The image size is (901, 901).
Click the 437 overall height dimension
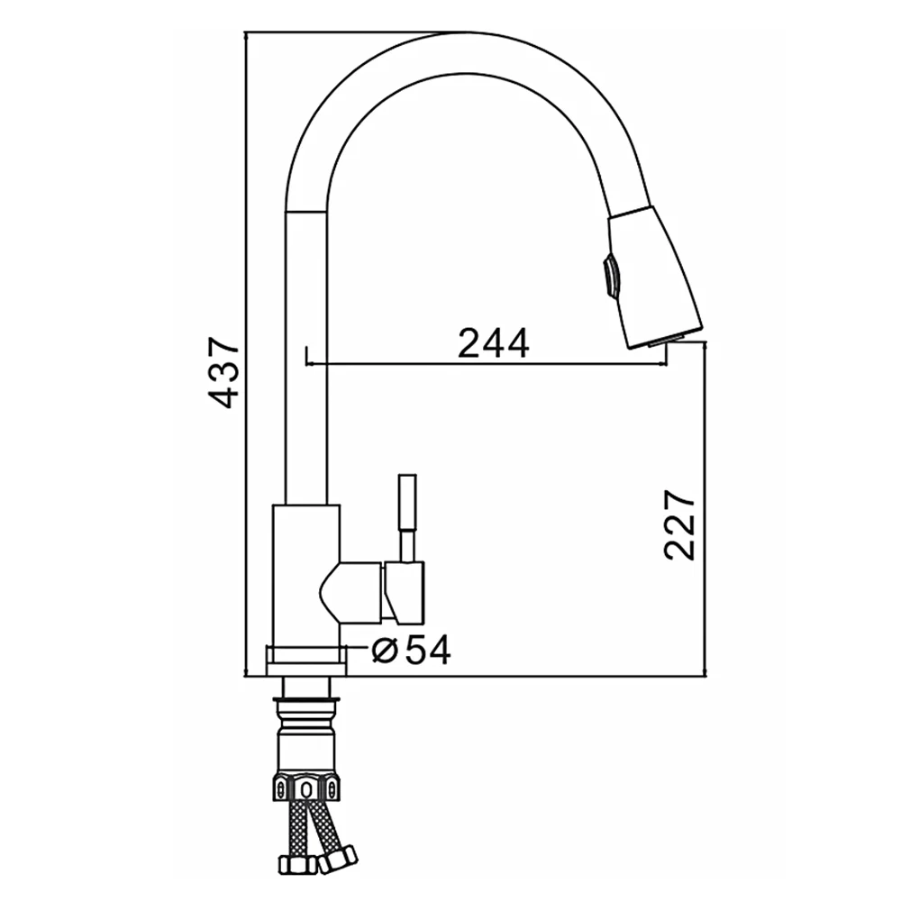[223, 372]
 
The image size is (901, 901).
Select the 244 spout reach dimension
[494, 343]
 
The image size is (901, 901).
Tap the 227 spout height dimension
[679, 524]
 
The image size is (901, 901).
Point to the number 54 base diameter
[428, 650]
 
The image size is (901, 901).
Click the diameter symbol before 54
[385, 650]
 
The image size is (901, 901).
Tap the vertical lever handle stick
[407, 517]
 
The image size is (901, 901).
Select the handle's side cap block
[405, 593]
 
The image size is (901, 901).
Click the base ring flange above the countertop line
[306, 660]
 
